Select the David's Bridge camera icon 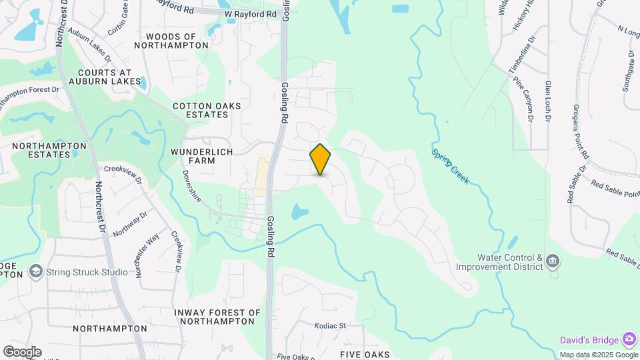629,339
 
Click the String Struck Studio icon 35,272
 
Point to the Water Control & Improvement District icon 552,261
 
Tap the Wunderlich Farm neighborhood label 202,156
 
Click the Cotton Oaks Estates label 207,110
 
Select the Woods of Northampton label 171,41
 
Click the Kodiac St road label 331,326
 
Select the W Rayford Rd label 250,13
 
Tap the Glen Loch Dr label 547,100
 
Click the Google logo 22,352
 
